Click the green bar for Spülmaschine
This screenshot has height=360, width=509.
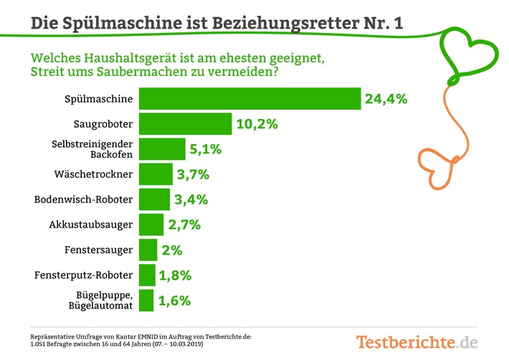click(x=249, y=99)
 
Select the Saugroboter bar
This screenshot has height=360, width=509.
click(x=184, y=124)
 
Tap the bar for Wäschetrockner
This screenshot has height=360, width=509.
click(x=155, y=174)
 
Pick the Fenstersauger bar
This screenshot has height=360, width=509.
click(x=148, y=250)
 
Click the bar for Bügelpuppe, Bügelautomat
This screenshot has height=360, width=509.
click(x=146, y=300)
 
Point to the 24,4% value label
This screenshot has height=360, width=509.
click(x=386, y=99)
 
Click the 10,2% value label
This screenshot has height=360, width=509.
click(x=256, y=124)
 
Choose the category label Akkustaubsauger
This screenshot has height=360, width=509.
click(x=91, y=224)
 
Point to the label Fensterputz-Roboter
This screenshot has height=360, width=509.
click(x=83, y=275)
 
